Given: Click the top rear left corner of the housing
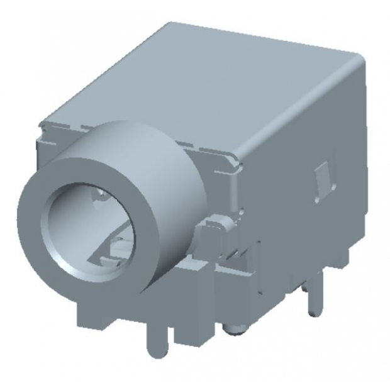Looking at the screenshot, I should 169,26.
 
